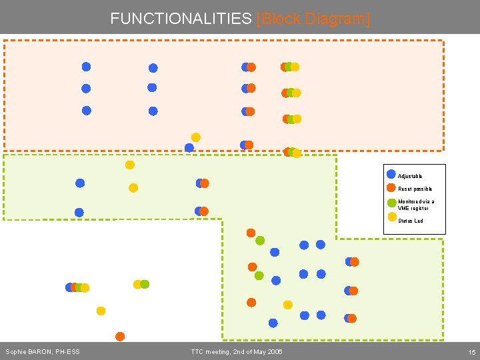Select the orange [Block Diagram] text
point(313,18)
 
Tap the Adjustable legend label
point(410,176)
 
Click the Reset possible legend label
point(415,189)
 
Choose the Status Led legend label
point(410,221)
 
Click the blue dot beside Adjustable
point(391,174)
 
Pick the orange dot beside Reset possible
point(391,187)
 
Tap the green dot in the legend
point(391,203)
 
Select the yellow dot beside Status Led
point(392,217)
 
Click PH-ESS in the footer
point(67,352)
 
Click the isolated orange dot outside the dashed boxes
point(120,336)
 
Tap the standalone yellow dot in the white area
point(101,311)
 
